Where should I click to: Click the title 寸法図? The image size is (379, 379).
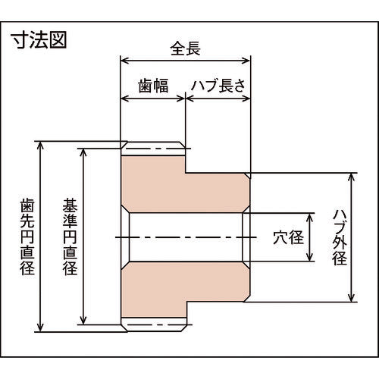click(39, 39)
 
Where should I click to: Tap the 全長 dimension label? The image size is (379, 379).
click(186, 49)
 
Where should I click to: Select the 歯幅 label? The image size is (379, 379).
click(153, 86)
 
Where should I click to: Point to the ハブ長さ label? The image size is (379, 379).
click(218, 86)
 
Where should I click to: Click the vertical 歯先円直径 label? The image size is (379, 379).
click(27, 236)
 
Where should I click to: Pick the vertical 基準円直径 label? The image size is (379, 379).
click(70, 236)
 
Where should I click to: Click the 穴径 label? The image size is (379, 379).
click(288, 237)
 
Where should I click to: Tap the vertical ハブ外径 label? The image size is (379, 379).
click(340, 236)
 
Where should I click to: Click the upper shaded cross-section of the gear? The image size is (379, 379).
click(185, 184)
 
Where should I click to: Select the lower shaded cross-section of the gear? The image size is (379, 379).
click(185, 290)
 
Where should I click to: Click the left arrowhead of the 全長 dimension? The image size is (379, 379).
click(125, 61)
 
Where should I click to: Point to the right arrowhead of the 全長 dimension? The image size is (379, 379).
click(246, 61)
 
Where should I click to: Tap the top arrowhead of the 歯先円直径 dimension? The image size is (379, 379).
click(40, 146)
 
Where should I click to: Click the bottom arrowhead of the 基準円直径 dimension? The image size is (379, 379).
click(83, 320)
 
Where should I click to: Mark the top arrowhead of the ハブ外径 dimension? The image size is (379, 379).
click(351, 178)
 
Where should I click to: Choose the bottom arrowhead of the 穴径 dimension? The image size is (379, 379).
click(309, 256)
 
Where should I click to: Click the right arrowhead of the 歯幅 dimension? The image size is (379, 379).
click(180, 99)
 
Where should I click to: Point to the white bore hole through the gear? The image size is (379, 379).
click(186, 237)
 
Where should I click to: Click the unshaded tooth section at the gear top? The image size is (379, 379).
click(154, 149)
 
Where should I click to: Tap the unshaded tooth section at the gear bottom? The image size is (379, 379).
click(154, 324)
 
